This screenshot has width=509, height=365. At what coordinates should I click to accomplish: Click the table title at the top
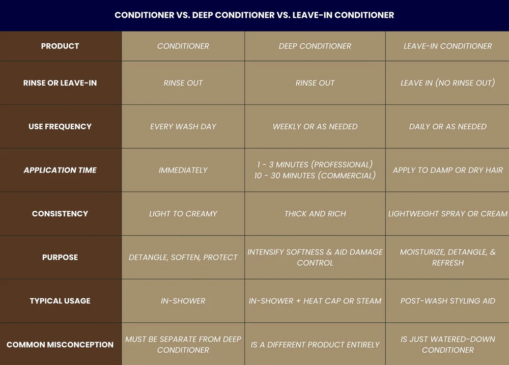point(254,15)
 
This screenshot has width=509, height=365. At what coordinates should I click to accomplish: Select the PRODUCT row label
point(60,46)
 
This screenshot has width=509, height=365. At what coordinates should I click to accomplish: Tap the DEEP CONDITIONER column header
point(315,46)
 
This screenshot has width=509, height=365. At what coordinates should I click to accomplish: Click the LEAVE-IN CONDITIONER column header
point(447,46)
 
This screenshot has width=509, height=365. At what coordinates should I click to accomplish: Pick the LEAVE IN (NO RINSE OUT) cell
point(447,83)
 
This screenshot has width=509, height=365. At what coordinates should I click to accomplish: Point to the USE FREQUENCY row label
point(60,127)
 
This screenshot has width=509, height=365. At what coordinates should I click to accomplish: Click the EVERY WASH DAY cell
point(183,127)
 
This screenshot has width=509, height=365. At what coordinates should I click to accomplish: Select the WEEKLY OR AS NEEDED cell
point(315,127)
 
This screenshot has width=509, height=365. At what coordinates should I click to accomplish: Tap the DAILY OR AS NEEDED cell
point(447,127)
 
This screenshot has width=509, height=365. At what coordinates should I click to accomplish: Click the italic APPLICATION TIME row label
point(60,171)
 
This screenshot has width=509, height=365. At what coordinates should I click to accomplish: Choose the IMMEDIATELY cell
point(183,171)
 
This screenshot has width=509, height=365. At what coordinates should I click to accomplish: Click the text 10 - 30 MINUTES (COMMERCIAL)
point(315,176)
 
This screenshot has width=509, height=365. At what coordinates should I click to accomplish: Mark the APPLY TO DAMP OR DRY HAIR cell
point(447,171)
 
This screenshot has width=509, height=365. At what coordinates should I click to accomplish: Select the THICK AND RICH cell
point(315,214)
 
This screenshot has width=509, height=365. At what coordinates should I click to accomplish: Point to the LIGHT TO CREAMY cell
point(183,214)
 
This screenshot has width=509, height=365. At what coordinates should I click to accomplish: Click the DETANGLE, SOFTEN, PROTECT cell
point(183,258)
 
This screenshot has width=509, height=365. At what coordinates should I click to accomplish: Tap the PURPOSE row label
point(60,258)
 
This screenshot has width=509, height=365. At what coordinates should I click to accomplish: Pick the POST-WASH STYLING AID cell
point(447,301)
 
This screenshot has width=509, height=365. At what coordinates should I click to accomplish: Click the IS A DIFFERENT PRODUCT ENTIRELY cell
point(315,345)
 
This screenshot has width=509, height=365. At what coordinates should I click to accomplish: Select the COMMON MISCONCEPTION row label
point(60,345)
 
